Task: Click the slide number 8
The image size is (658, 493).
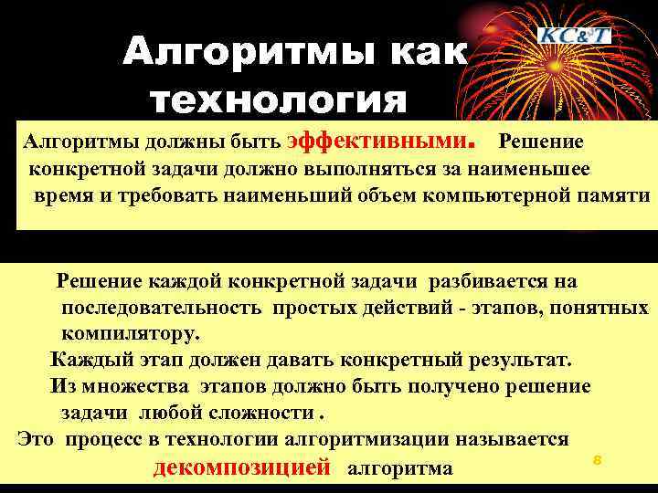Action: [x=596, y=460]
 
